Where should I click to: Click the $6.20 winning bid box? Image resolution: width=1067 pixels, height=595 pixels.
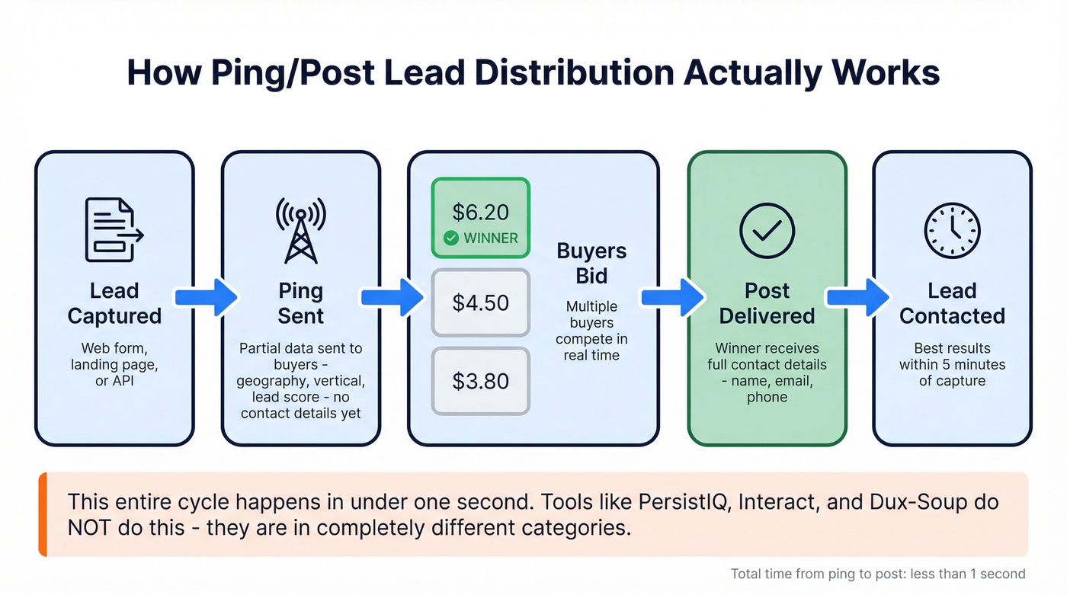pos(480,217)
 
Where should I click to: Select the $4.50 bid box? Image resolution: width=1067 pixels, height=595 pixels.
pos(480,302)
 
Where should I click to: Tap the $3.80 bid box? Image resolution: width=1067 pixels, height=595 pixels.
pos(480,381)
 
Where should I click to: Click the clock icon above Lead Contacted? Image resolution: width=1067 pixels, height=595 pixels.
pos(952,231)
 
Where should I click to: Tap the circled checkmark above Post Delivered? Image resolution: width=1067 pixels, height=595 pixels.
pos(767,231)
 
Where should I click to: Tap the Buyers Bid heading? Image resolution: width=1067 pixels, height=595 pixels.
pos(591,263)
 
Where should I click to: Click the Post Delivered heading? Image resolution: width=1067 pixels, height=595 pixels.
pos(767,303)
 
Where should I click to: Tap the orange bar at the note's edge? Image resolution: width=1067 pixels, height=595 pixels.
pos(43,514)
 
